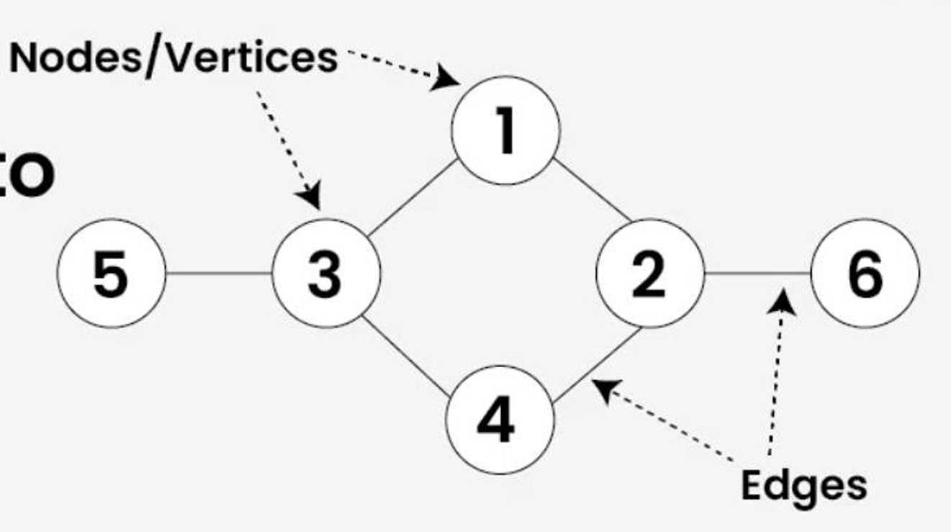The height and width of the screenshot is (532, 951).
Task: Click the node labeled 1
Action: click(505, 130)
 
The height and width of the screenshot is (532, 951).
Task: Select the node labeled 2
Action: click(649, 274)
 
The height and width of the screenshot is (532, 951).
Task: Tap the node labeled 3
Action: click(325, 274)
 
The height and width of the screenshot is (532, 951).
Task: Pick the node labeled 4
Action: click(500, 419)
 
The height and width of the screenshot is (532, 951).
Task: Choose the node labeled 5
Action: click(112, 274)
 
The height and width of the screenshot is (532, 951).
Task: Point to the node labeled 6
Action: click(865, 274)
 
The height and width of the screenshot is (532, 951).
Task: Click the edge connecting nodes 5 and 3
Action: click(219, 274)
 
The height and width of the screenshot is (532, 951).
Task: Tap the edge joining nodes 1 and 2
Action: click(593, 191)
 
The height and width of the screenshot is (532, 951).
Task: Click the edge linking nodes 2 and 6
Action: click(757, 274)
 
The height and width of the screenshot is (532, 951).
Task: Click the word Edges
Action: click(803, 486)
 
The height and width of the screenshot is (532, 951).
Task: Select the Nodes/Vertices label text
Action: click(173, 58)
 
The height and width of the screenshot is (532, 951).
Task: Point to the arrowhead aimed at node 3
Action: click(311, 196)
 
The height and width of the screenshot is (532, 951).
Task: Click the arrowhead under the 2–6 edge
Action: click(783, 298)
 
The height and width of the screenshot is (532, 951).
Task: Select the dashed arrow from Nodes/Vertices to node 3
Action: click(284, 140)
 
